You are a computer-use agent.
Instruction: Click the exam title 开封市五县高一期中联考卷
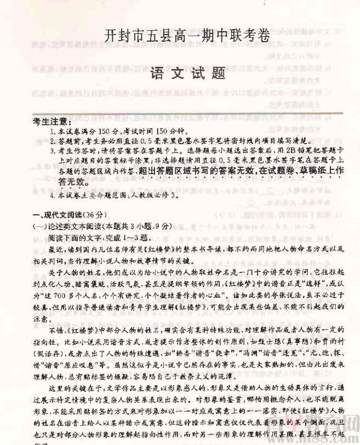(187, 36)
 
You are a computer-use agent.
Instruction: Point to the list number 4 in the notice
(52, 195)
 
